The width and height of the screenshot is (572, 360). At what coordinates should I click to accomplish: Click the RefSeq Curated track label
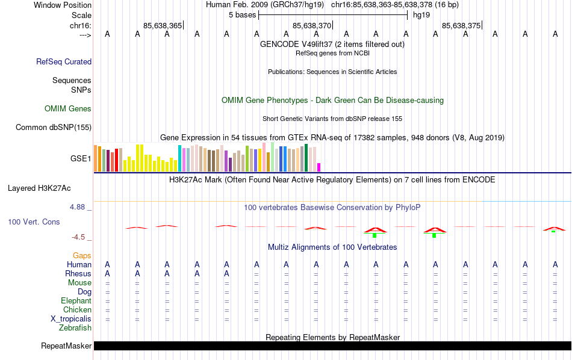point(64,61)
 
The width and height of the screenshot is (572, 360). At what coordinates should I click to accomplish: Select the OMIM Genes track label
point(68,109)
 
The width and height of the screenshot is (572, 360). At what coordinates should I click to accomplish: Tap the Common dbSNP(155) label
point(54,127)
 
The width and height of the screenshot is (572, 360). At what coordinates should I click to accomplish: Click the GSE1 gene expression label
point(81,159)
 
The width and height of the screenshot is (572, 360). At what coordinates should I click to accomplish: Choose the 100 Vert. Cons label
point(34,222)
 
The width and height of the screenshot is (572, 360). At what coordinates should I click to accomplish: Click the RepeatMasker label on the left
point(66,346)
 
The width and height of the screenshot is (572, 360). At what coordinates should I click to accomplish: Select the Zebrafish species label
point(75,328)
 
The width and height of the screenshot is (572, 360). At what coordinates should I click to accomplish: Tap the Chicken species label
point(77,310)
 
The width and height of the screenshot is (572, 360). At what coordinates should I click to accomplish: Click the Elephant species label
point(76,301)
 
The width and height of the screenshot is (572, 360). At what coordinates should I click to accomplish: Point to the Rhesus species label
point(78,274)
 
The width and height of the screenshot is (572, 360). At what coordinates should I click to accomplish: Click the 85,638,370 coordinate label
point(311,26)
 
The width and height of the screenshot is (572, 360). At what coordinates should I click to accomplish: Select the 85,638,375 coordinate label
point(461,26)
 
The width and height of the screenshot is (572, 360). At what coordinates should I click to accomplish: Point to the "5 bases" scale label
point(242,14)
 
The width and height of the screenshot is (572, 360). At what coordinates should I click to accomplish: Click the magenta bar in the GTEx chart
point(319,167)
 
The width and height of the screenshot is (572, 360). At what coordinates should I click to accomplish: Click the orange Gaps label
point(82,256)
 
